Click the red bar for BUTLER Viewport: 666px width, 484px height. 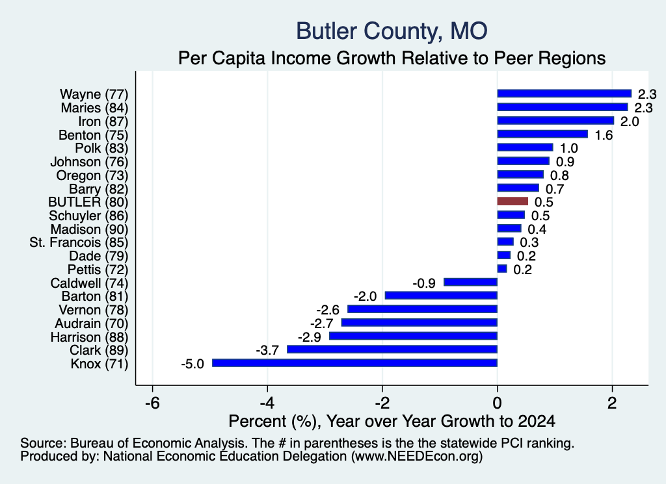513,201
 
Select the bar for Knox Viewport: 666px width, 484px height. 354,363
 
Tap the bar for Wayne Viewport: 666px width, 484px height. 565,94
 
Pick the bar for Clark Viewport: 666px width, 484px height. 392,350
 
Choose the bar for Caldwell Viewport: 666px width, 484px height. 471,282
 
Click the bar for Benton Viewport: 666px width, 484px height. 542,134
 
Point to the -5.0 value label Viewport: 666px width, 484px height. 193,364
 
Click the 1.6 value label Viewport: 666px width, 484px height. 604,135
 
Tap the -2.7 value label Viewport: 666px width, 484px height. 321,324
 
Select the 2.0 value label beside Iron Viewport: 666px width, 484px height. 630,121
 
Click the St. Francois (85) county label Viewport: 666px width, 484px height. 79,242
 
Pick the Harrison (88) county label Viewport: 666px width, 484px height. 89,337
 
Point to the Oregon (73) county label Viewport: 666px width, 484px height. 92,175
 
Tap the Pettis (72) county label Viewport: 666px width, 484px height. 98,270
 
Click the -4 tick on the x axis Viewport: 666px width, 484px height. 267,403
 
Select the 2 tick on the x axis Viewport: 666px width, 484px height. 612,403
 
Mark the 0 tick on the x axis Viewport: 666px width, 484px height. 498,403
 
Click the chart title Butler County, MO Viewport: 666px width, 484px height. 392,31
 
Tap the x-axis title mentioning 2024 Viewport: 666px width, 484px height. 392,421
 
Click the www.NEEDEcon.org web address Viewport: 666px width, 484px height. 417,456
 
